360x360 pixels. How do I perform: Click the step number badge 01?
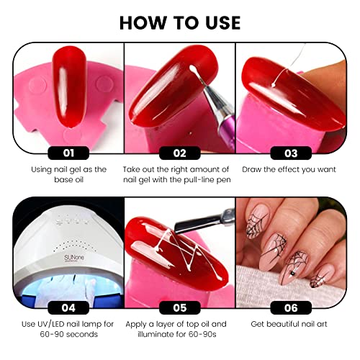68,153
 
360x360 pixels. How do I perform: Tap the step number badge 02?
180,153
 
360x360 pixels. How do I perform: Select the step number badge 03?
291,153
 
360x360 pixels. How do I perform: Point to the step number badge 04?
68,307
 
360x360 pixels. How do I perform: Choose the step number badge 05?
180,307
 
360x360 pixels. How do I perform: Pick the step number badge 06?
291,307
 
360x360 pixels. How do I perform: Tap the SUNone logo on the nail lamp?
74,258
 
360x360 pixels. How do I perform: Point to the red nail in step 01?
69,88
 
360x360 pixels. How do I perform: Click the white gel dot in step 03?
273,85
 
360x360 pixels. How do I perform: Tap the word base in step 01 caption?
63,180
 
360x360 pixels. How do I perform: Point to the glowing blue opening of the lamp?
68,288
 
